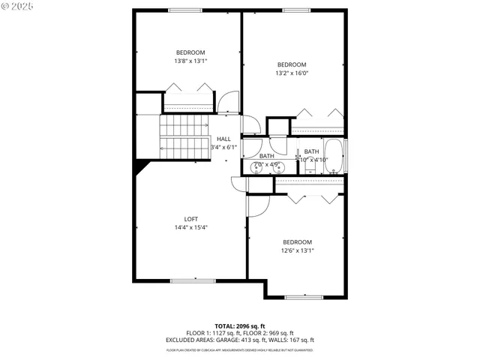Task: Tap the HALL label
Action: click(223, 139)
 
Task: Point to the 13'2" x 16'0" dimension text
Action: click(292, 73)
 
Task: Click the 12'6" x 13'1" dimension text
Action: click(297, 250)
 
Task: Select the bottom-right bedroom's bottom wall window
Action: click(306, 297)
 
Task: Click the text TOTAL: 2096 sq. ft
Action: click(240, 326)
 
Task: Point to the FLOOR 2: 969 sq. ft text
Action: click(271, 333)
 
